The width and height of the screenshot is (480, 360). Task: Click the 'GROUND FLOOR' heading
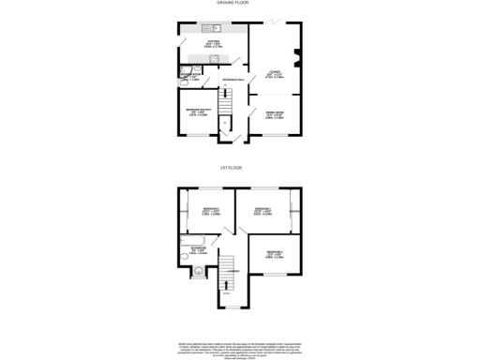tap(239, 4)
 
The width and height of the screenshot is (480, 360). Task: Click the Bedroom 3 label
tap(274, 253)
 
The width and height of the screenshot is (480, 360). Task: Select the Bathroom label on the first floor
tap(199, 250)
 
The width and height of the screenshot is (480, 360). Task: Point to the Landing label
tap(234, 272)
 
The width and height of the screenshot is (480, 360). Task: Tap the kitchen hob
tap(215, 60)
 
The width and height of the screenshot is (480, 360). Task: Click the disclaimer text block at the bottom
tap(240, 349)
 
